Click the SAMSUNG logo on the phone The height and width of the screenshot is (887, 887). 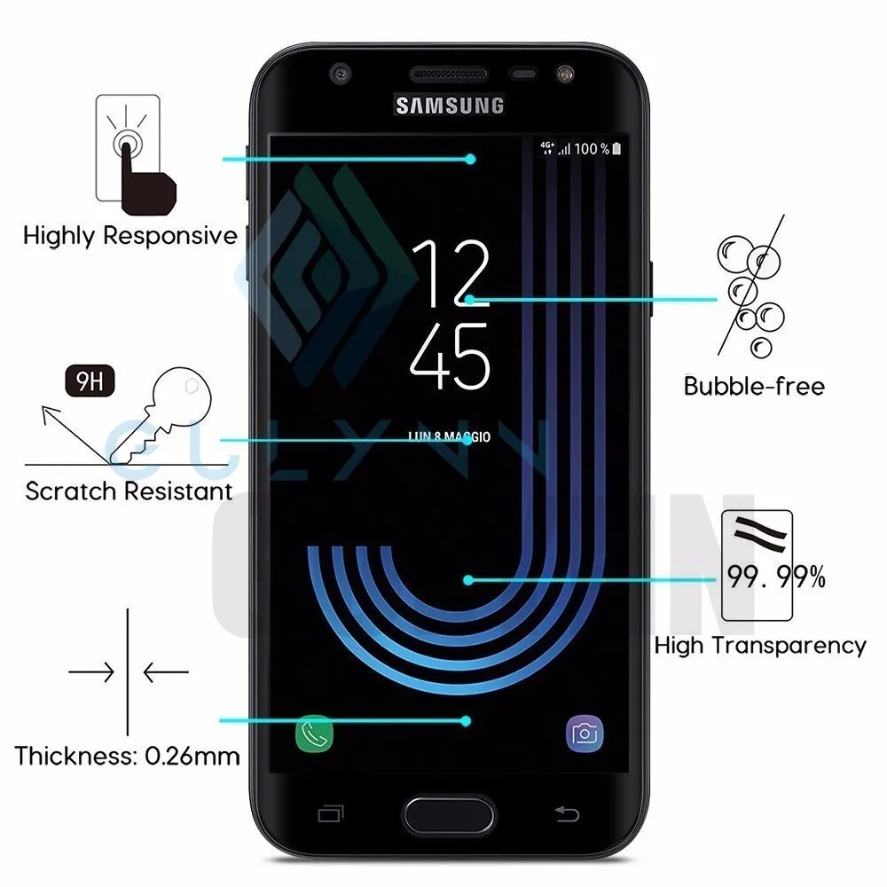point(450,106)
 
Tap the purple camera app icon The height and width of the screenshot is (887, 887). point(585,733)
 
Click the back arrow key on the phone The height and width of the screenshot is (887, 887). point(566,813)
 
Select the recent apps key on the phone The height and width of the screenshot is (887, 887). point(330,813)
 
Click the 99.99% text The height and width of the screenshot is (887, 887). point(776,579)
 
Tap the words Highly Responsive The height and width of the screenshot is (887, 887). point(130,236)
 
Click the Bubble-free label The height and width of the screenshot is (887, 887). point(754,386)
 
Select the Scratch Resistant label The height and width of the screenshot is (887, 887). point(129,491)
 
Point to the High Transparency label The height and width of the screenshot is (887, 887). point(760,645)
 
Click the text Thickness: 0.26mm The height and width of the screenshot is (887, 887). point(127,757)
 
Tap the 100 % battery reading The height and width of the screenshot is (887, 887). point(592,149)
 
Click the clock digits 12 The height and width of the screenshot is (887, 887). point(451,275)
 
